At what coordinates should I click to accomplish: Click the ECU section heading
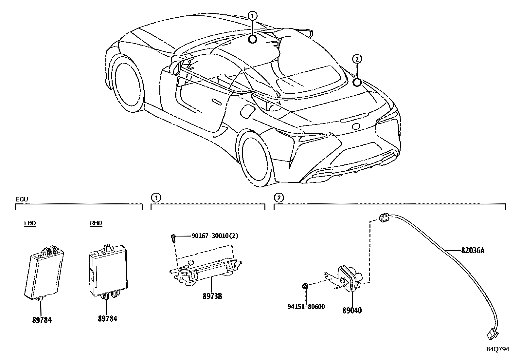point(22,199)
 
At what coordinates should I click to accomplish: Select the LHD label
point(30,223)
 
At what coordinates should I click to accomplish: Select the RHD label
point(96,223)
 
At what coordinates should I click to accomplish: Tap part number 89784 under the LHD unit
point(42,320)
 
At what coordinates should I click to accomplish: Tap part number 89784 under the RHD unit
point(107,318)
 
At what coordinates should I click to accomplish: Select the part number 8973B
point(212,296)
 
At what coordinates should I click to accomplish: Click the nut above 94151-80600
point(305,286)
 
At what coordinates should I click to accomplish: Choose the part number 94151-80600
point(306,307)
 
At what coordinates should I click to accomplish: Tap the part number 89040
point(352,310)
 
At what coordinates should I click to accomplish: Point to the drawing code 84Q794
point(497,349)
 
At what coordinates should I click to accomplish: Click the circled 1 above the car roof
point(253,15)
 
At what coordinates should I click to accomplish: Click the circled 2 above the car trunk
point(357,59)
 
